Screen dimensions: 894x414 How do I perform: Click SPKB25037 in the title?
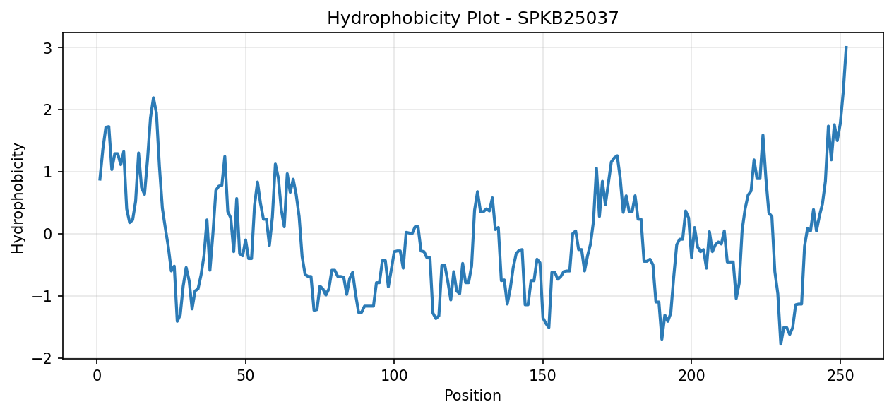pos(568,18)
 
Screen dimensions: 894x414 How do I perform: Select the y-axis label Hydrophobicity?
pos(18,198)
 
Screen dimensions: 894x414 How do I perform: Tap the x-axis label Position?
pos(472,396)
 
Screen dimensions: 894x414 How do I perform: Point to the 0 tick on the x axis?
pos(97,376)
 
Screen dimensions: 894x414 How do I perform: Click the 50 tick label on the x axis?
pos(246,376)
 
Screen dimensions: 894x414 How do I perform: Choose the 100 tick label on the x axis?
pos(394,376)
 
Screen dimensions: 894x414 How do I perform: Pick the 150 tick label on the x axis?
pos(543,376)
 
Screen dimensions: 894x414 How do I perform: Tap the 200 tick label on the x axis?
pos(691,376)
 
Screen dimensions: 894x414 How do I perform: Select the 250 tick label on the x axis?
pos(840,376)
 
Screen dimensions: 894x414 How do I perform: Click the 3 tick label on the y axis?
pos(48,49)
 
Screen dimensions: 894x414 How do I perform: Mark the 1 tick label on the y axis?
pos(48,173)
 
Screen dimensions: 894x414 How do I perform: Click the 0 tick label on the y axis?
pos(48,235)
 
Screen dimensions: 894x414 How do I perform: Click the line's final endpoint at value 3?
pos(846,47)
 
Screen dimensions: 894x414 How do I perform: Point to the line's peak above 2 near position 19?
pos(153,97)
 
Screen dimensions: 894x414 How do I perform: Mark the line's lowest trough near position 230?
pos(780,344)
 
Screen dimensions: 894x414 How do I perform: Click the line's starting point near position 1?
pos(100,179)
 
